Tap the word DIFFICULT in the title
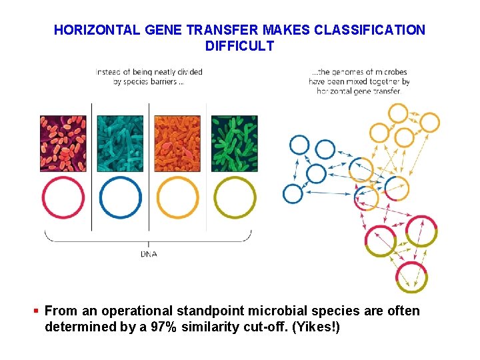coord(239,46)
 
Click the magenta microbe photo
coord(63,143)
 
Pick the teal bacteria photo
coord(120,143)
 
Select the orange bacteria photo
coord(177,143)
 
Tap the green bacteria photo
coord(234,143)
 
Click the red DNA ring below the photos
coord(63,197)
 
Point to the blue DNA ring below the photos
coord(121,197)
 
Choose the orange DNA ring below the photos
coord(177,197)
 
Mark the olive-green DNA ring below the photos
coord(234,197)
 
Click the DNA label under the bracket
coord(149,254)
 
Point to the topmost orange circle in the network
coord(399,113)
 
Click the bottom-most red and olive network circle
coord(411,276)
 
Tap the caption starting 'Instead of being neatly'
coord(149,77)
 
